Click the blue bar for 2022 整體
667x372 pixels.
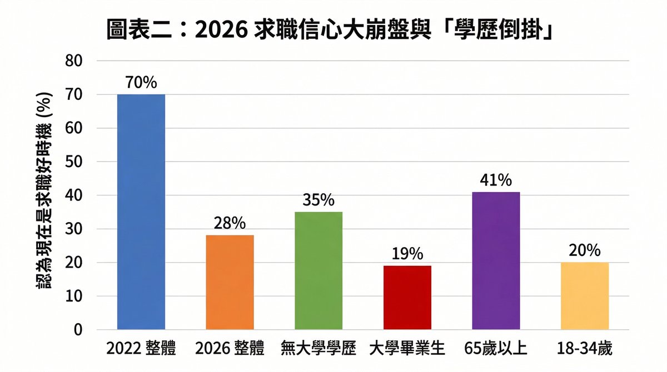141,212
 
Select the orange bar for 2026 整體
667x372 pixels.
230,282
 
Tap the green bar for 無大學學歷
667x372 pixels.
318,270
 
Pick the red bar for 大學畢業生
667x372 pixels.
407,298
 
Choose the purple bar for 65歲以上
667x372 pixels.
496,260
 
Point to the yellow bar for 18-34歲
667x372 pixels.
585,296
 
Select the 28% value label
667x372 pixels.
230,223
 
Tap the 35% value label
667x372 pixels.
318,200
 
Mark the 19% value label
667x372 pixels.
407,254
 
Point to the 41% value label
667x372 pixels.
496,180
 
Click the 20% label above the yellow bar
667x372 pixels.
585,250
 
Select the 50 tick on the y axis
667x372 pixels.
74,162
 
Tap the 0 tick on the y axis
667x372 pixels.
78,330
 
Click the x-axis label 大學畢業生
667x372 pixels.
407,349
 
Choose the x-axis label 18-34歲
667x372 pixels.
585,349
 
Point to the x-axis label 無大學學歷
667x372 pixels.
318,349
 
